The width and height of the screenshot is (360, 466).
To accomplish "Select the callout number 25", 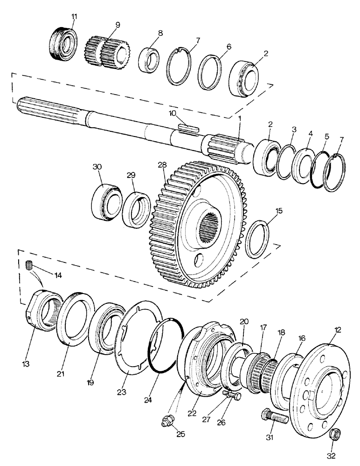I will tap(180, 434).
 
